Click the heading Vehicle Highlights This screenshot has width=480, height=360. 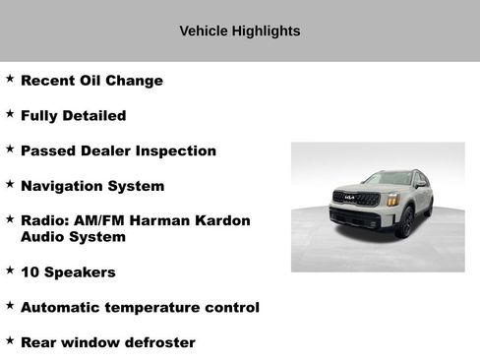pos(239,30)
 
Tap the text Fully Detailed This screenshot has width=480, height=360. pos(73,116)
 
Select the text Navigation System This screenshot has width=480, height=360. pos(92,186)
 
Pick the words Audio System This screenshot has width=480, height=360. pos(73,237)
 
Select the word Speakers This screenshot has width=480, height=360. pos(81,272)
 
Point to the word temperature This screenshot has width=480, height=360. pos(154,308)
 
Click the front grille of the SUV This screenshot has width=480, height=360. pos(356,200)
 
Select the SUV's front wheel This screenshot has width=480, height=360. pos(404,223)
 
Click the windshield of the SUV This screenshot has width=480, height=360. pos(387,179)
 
